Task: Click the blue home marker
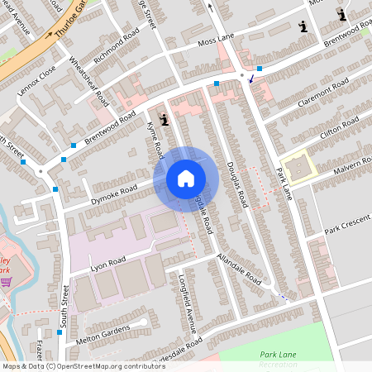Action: [186, 179]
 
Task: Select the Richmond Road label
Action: [117, 48]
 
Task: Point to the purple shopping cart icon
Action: [6, 282]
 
